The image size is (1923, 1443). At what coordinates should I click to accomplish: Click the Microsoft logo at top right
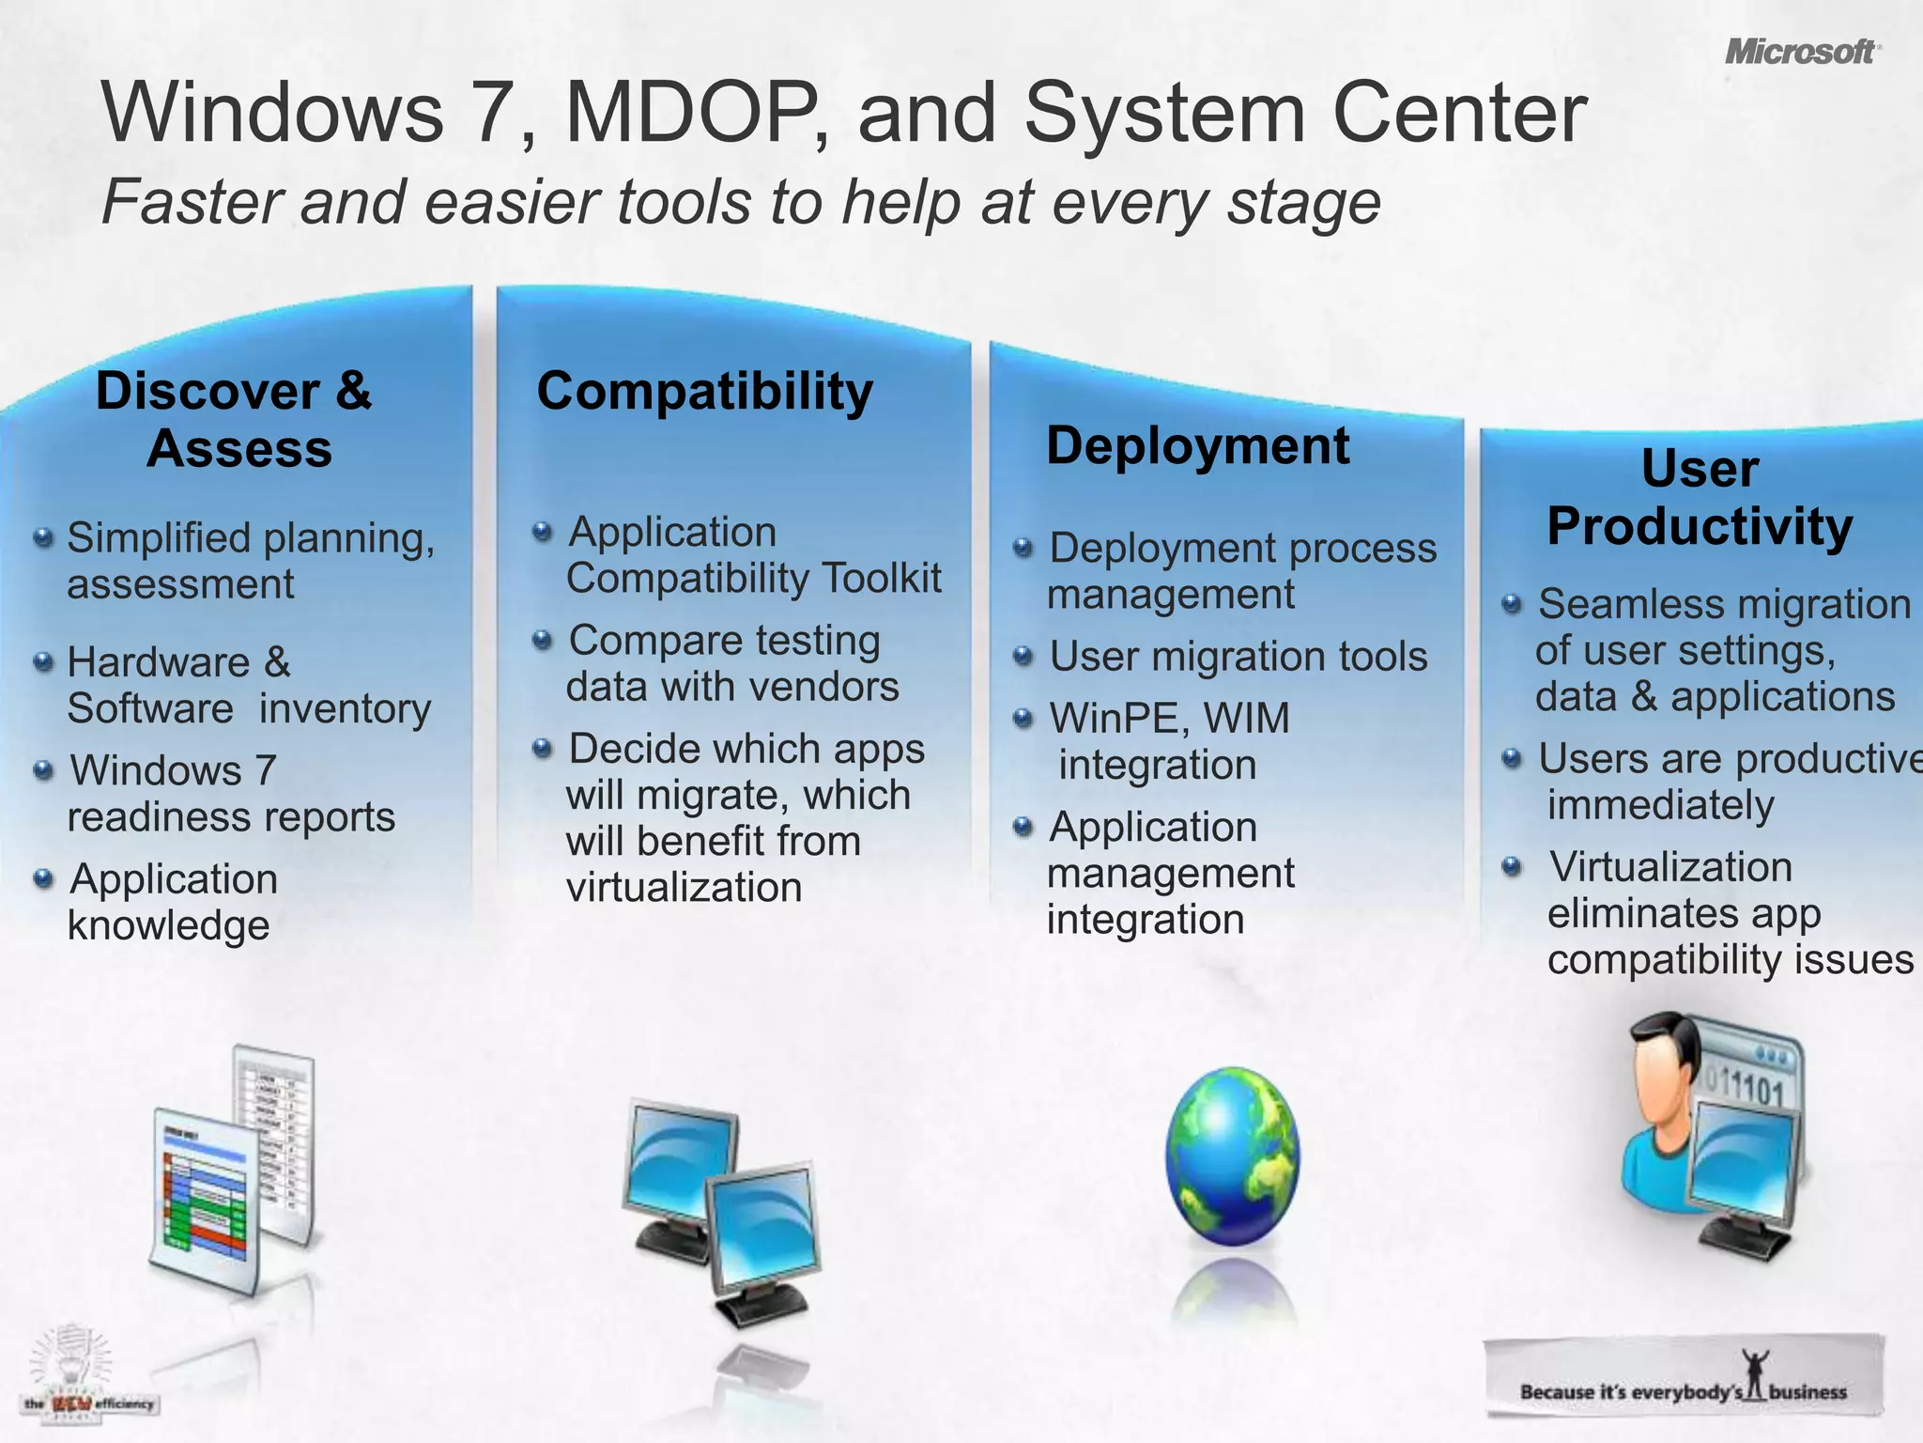[x=1801, y=52]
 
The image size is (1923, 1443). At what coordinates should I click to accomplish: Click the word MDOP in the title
[x=696, y=113]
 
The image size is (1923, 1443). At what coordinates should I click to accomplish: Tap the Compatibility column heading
[x=704, y=391]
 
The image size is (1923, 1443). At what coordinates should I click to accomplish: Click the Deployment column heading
[x=1197, y=445]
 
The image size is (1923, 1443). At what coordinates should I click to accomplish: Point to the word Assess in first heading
[x=239, y=448]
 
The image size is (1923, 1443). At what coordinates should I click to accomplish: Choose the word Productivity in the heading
[x=1700, y=526]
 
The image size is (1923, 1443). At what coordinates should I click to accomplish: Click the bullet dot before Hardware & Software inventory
[x=43, y=662]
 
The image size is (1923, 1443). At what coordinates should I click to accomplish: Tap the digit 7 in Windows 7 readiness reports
[x=266, y=770]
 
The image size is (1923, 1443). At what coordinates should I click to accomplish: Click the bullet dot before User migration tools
[x=1023, y=655]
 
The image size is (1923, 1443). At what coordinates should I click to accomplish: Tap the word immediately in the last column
[x=1660, y=805]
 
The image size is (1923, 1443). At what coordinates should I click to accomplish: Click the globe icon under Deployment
[x=1232, y=1156]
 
